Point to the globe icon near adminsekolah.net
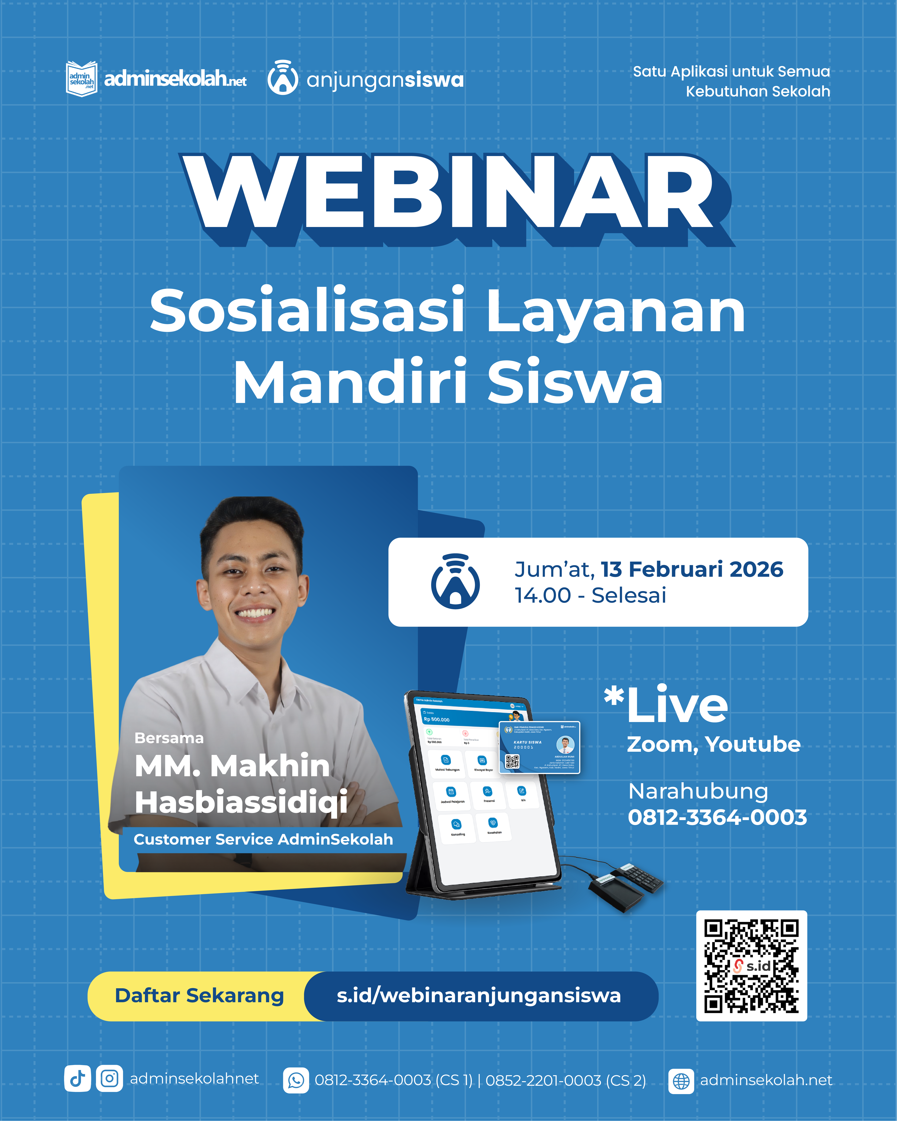pyautogui.click(x=681, y=1080)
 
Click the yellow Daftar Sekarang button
pyautogui.click(x=199, y=996)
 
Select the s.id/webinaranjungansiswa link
pyautogui.click(x=478, y=996)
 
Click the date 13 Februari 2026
pyautogui.click(x=692, y=569)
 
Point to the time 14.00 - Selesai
pyautogui.click(x=590, y=595)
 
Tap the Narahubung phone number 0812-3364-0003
pyautogui.click(x=717, y=817)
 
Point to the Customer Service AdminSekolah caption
pyautogui.click(x=263, y=839)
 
